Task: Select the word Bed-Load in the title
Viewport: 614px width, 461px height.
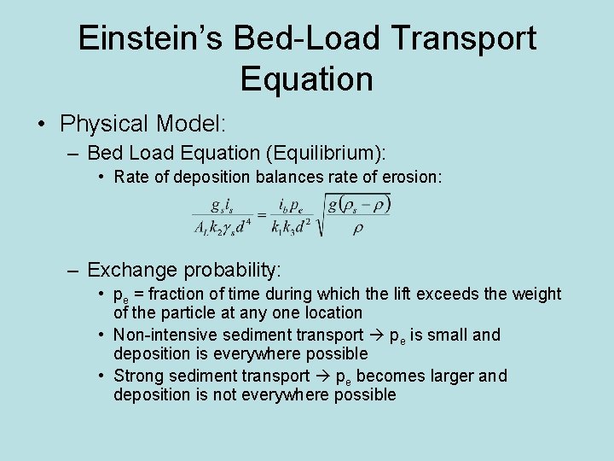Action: point(302,39)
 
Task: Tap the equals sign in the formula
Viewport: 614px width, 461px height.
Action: point(262,213)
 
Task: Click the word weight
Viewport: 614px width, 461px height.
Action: point(536,295)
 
